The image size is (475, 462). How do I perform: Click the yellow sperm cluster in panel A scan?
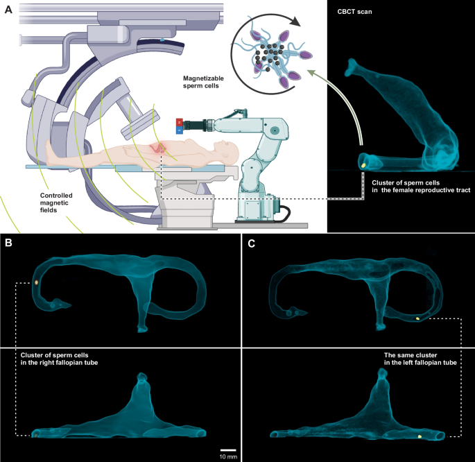point(363,166)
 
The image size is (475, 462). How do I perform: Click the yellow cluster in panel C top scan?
point(417,318)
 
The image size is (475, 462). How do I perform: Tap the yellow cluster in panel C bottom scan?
point(420,436)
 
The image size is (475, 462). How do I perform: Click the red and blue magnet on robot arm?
point(179,124)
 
